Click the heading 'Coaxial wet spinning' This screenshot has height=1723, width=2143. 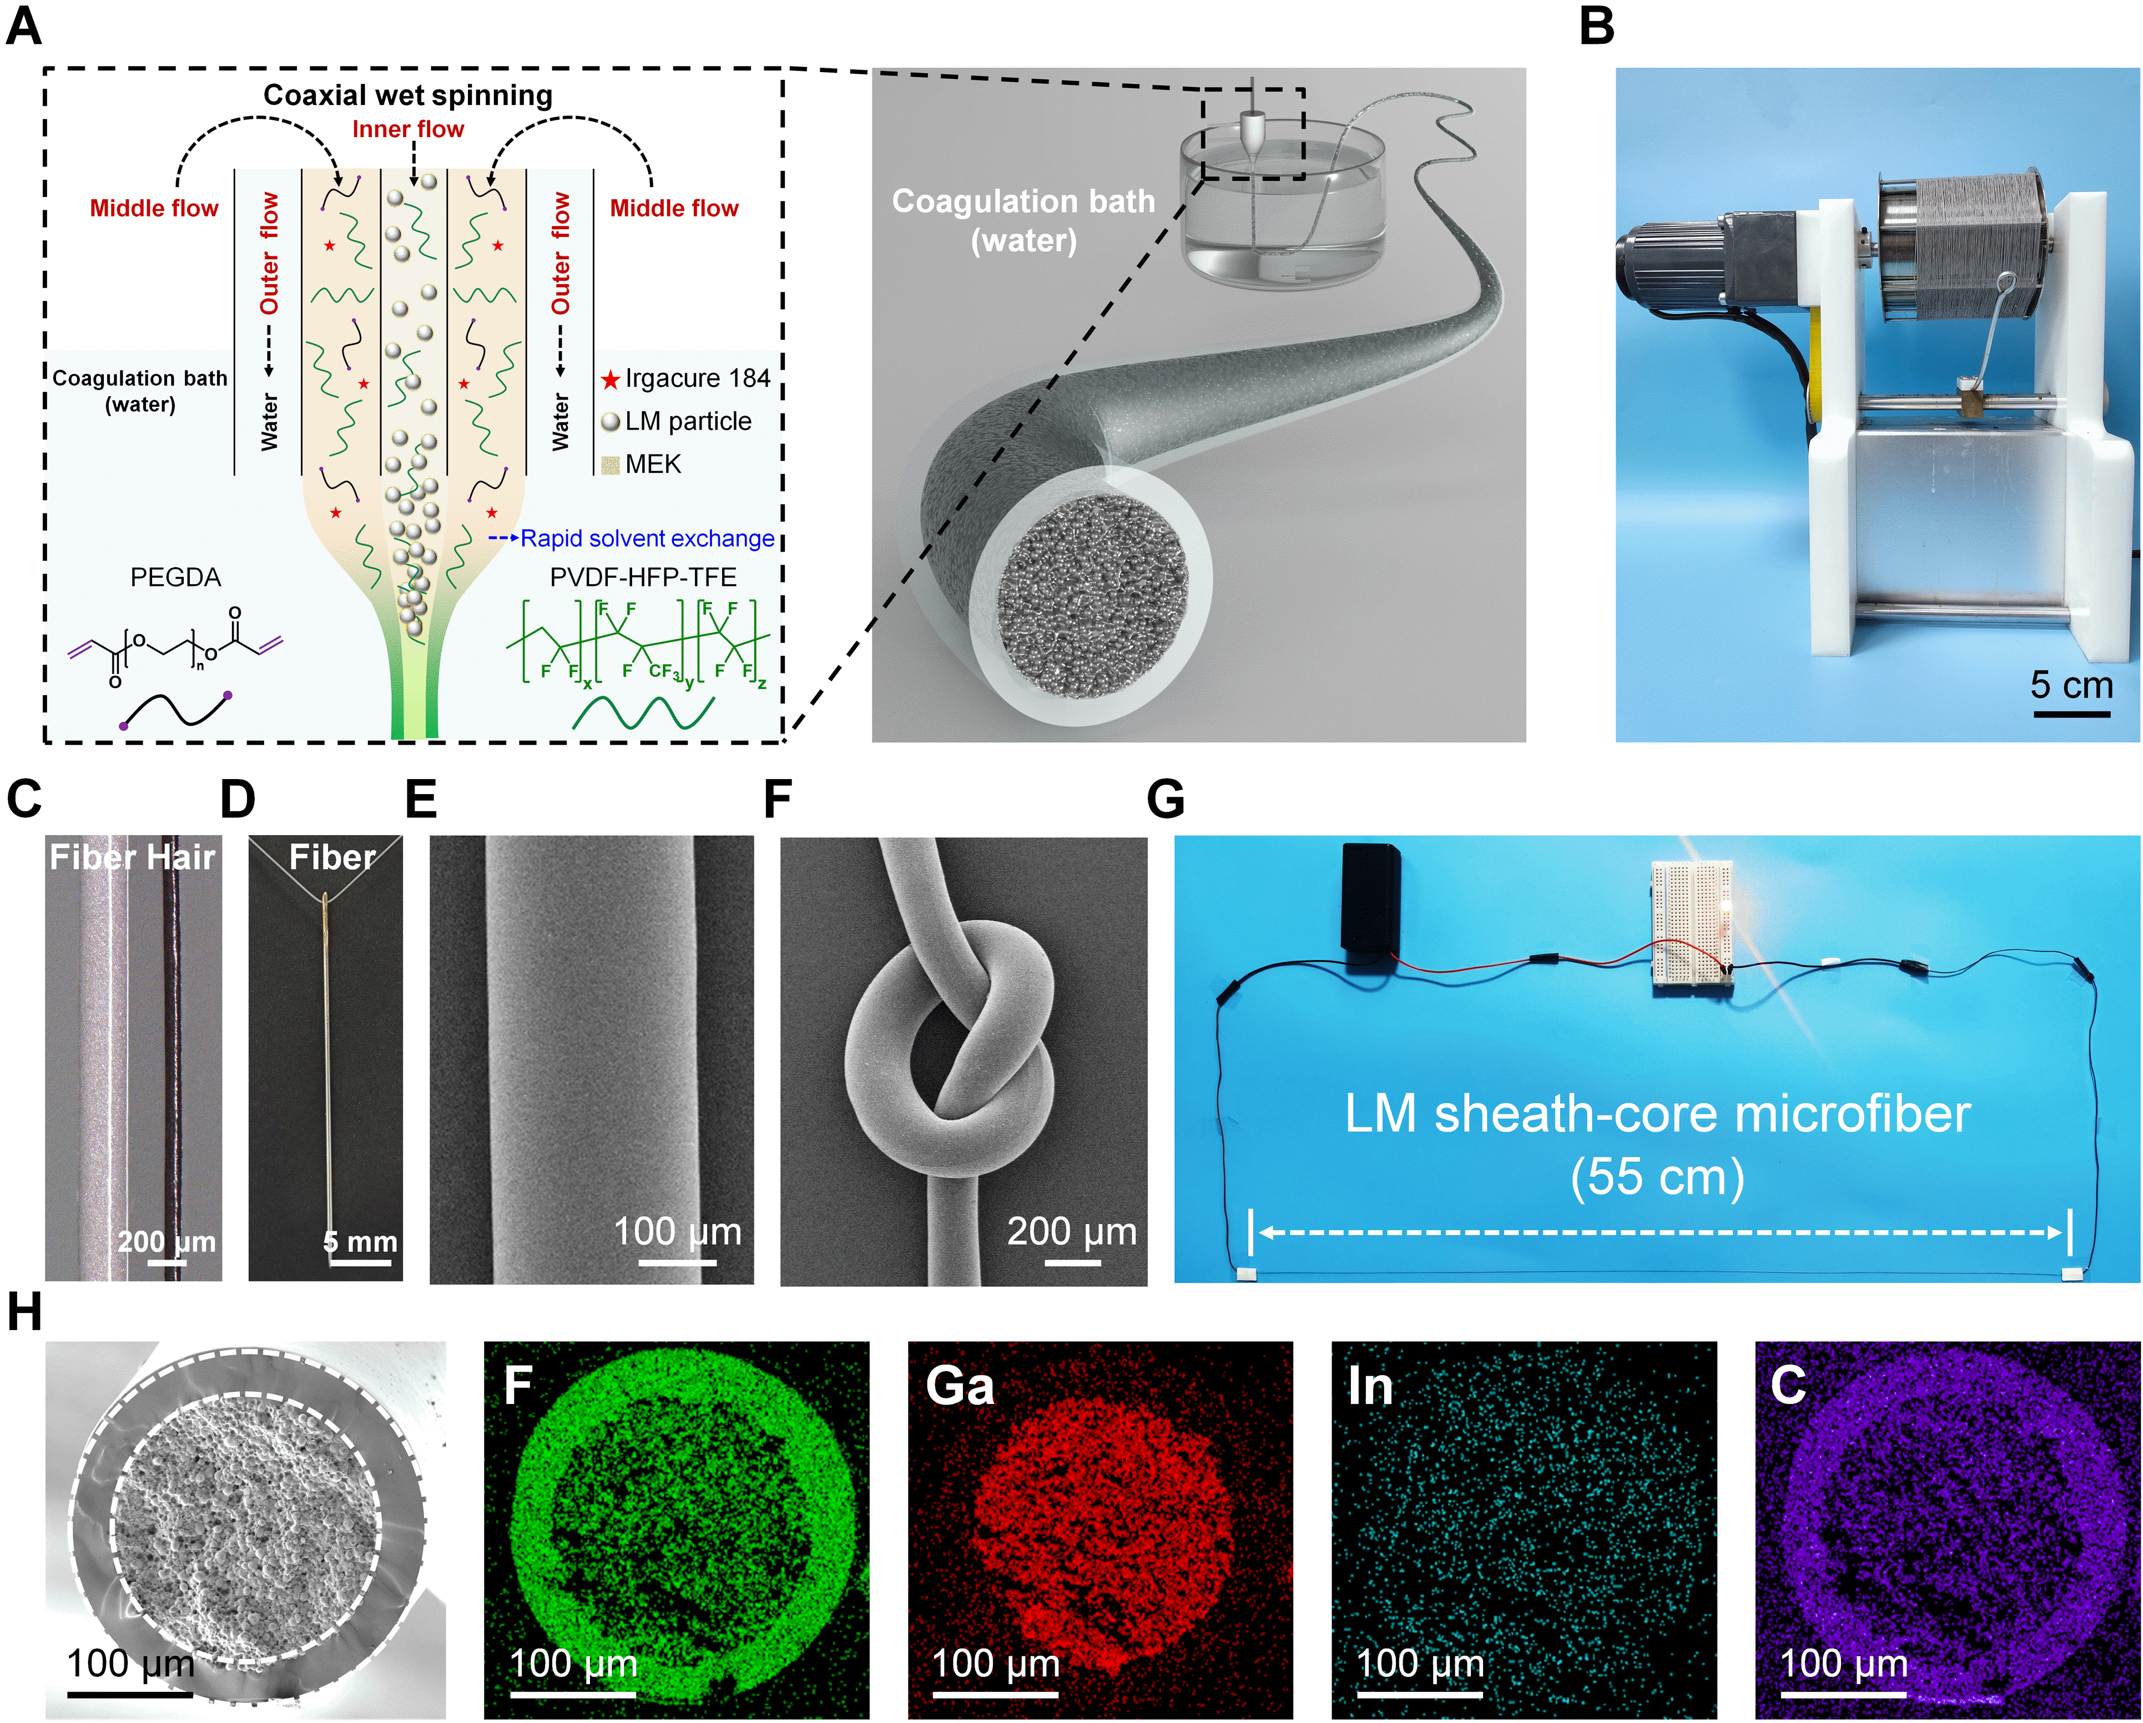[x=407, y=95]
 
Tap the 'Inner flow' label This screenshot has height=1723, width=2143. [x=407, y=129]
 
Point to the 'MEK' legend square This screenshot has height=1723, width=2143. [x=611, y=464]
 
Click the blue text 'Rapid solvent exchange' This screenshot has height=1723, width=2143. [x=647, y=539]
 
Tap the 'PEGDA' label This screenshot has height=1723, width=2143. [x=176, y=577]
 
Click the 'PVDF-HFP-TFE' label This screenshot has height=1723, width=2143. [x=643, y=577]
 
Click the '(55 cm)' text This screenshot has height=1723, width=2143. [x=1657, y=1178]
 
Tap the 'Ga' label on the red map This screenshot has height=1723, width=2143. [x=959, y=1386]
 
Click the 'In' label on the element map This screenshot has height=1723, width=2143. [x=1370, y=1386]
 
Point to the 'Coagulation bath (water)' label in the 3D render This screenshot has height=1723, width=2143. [x=1024, y=221]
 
